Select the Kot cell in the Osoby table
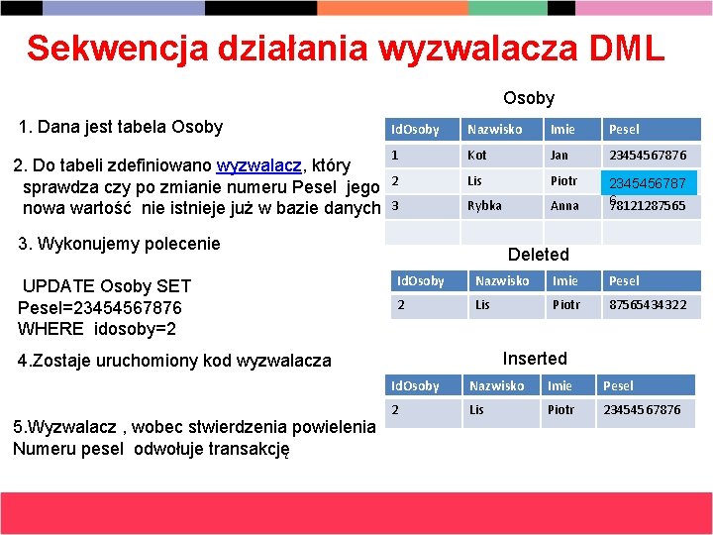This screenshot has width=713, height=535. pos(477,156)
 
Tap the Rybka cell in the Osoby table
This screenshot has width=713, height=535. pos(484,206)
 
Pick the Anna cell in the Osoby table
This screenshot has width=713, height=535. pos(564,206)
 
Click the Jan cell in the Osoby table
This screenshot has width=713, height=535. pos(560,156)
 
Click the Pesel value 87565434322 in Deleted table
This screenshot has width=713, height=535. pos(647,305)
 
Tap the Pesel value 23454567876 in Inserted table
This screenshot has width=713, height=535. pos(642,410)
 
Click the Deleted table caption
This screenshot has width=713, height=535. pos(538,255)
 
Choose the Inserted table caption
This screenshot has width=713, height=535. pos(535,359)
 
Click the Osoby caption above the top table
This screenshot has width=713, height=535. pos(529,98)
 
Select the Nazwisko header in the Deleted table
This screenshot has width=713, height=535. pos(502,281)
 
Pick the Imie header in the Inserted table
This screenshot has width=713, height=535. pos(560,385)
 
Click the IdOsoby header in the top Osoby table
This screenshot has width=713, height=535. pos(415,130)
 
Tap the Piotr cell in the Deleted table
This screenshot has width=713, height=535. pos(565,305)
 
